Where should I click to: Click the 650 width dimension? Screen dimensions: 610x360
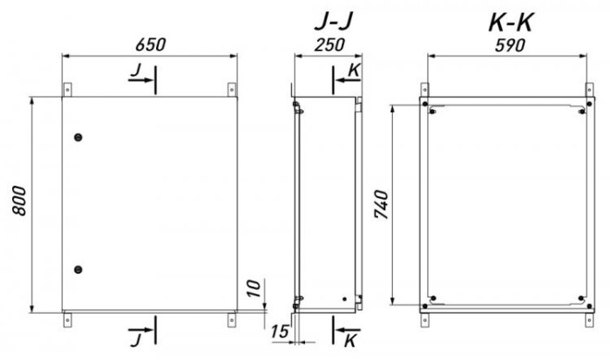coord(151,44)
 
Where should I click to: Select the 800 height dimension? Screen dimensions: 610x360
coord(18,200)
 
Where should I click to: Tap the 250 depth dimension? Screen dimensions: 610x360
coord(329,44)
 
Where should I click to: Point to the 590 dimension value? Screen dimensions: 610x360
coord(510,45)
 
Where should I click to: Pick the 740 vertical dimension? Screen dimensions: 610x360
coord(381,204)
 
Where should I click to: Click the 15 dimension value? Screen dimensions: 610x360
coord(280,331)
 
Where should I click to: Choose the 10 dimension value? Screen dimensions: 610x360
coord(254,289)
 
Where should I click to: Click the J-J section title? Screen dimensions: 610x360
coord(334,22)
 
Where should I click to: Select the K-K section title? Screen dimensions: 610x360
coord(511,23)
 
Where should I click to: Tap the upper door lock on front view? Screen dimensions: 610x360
coord(78,137)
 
